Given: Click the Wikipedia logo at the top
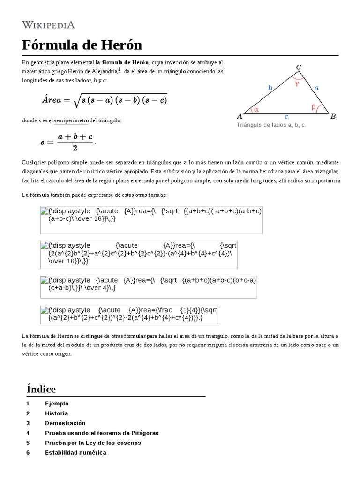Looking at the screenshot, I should (48, 25).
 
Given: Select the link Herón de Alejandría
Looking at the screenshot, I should (92, 71).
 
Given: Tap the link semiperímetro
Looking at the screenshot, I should (71, 121).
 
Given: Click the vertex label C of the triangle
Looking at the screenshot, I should (298, 67).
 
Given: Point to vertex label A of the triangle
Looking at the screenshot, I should (240, 116).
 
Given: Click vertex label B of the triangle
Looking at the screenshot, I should (333, 116).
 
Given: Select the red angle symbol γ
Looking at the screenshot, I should (297, 84).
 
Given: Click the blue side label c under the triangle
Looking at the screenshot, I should (286, 116).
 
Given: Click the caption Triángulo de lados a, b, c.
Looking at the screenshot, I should (271, 126).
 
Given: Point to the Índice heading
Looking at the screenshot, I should (41, 389).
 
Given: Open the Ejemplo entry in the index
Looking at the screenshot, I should (57, 404).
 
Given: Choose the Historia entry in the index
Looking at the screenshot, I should (56, 413).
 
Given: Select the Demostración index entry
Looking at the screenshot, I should (65, 423).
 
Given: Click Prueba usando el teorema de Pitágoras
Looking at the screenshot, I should (102, 433).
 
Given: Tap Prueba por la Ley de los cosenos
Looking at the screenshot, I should (93, 443).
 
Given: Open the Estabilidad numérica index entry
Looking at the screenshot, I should (75, 453).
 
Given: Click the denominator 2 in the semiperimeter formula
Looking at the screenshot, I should (75, 148).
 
